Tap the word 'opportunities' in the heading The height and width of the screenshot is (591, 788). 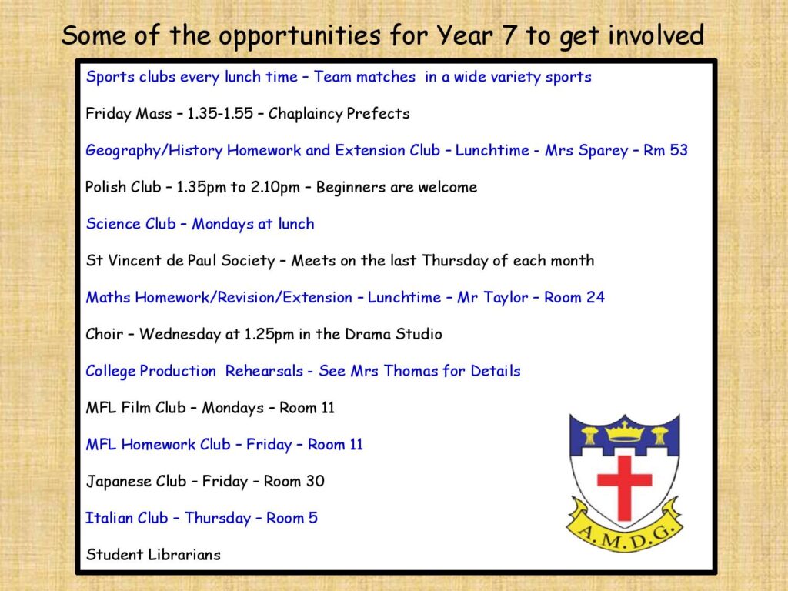coord(299,36)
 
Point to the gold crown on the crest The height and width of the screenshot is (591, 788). coord(624,431)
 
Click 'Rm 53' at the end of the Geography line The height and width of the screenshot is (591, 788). coord(666,150)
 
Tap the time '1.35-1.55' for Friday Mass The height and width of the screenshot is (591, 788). coord(220,113)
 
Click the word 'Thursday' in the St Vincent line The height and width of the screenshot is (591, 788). coord(455,261)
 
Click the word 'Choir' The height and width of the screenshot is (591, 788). coord(104,334)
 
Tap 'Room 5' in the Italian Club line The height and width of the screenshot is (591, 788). coord(292,518)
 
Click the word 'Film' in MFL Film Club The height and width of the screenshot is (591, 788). coord(135,407)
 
